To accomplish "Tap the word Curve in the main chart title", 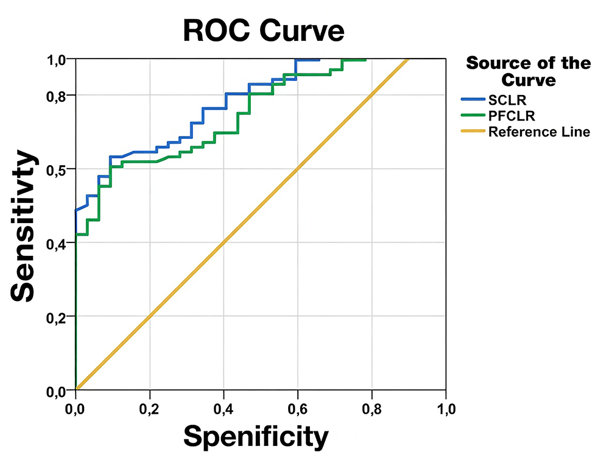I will (x=301, y=30).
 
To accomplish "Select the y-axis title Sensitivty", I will (x=24, y=226).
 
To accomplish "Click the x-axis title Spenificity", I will (x=256, y=436).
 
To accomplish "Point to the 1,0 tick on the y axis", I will (x=59, y=60).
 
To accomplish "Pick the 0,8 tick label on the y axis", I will (x=59, y=96).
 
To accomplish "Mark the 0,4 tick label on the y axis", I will (x=59, y=244).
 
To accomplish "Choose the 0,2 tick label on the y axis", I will (x=59, y=317).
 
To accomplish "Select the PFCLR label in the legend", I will (x=507, y=115).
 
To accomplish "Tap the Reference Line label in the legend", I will (x=539, y=132).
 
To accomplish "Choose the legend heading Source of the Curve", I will (x=527, y=71).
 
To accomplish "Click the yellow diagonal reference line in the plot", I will (x=244, y=244).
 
